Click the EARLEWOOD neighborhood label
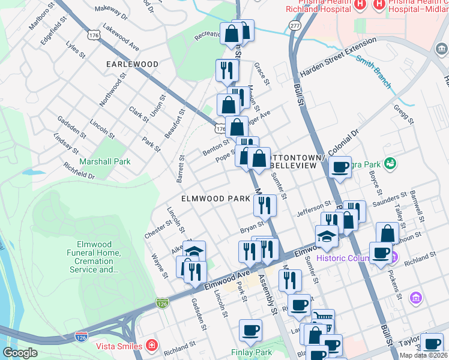(x=132, y=64)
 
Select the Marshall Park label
(x=105, y=161)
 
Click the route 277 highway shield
(x=294, y=26)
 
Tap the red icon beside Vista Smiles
(x=152, y=346)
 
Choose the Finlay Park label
(x=252, y=353)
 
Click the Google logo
(x=19, y=353)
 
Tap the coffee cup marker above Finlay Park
(x=250, y=330)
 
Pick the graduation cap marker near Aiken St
(x=194, y=251)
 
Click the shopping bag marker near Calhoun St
(x=387, y=233)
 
